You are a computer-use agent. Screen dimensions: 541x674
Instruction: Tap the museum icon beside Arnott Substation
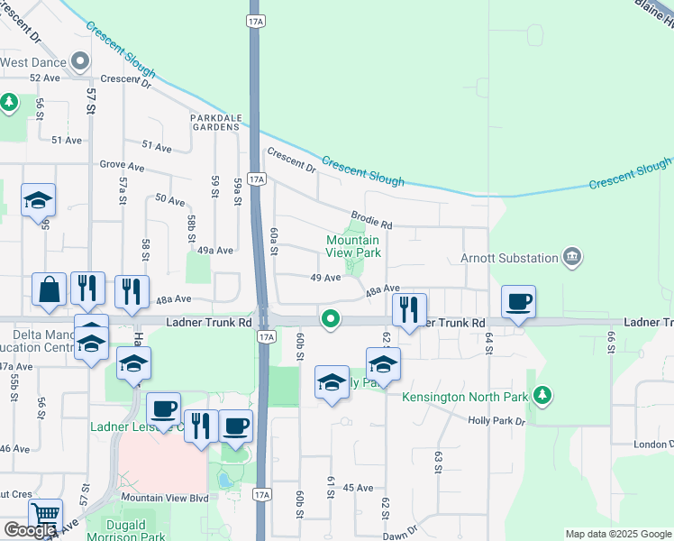point(571,258)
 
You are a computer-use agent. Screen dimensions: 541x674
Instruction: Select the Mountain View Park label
point(352,246)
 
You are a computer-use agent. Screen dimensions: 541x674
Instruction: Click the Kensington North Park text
point(463,397)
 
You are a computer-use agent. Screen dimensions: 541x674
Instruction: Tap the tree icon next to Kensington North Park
point(541,395)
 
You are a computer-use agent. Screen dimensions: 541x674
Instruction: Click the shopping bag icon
point(49,290)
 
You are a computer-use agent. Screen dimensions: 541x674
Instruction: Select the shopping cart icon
point(45,516)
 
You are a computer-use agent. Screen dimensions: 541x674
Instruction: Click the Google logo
point(30,530)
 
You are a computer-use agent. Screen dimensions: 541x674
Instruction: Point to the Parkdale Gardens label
point(214,122)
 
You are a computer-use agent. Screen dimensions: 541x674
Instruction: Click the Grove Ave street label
point(123,167)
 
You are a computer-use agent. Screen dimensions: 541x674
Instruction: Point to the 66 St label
point(610,343)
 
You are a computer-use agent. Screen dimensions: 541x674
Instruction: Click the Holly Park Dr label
point(496,421)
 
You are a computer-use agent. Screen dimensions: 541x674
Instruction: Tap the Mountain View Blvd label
point(165,498)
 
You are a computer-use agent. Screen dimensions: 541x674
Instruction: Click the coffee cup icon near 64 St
point(518,302)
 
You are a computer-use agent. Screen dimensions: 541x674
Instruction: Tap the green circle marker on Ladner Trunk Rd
point(332,318)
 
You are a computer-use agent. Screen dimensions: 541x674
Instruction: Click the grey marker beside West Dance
point(80,62)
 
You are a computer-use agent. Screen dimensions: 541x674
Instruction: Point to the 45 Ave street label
point(359,488)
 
